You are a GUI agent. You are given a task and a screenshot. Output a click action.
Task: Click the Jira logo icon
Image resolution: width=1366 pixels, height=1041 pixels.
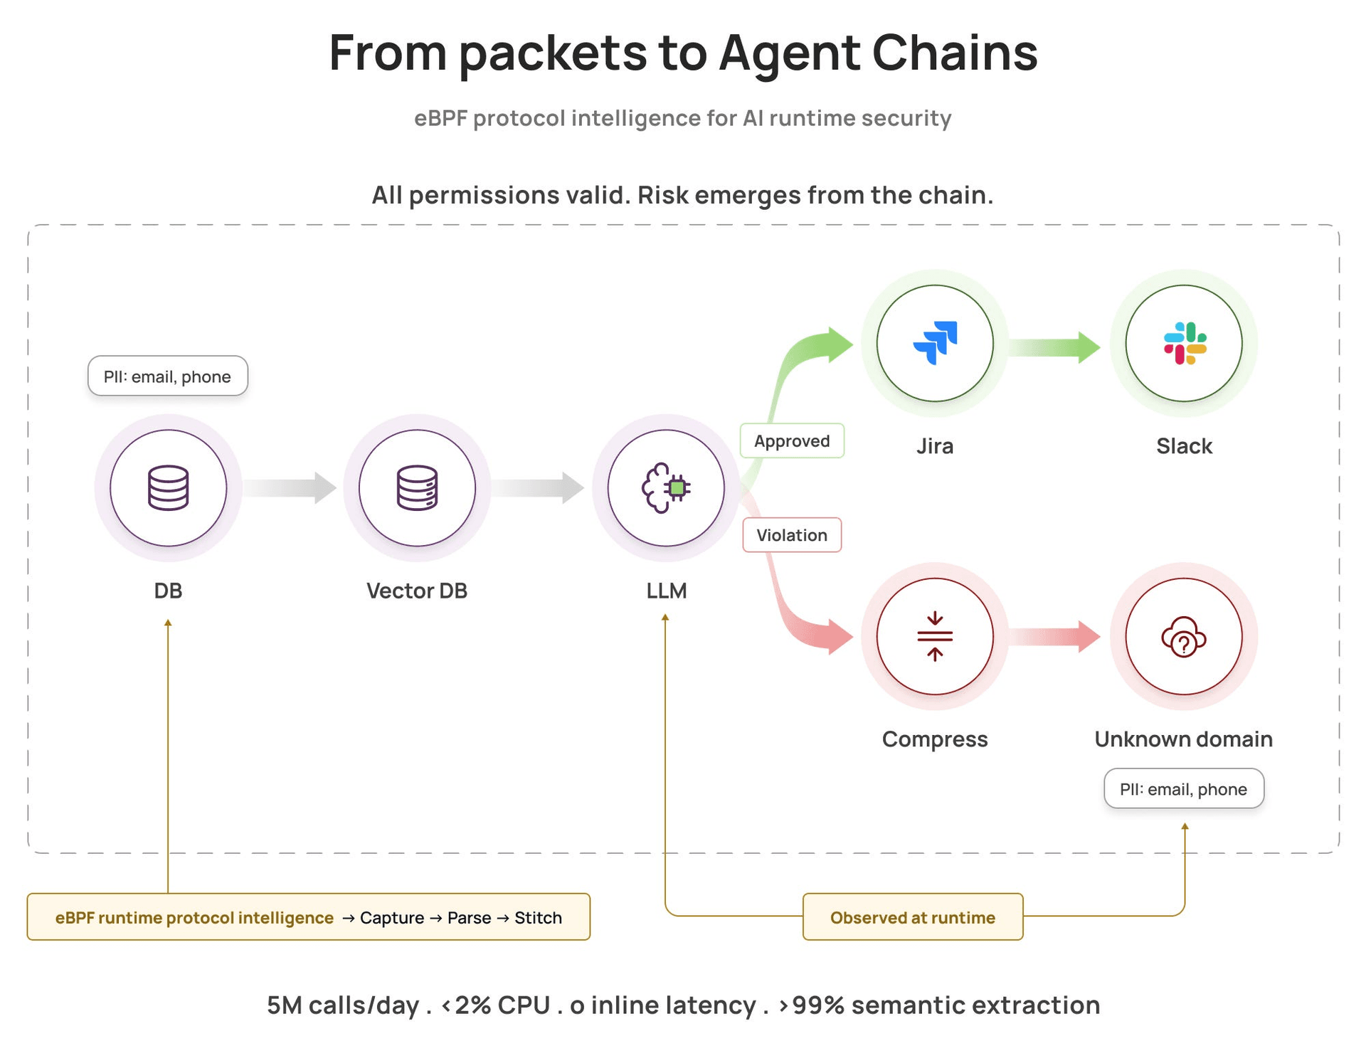pos(935,343)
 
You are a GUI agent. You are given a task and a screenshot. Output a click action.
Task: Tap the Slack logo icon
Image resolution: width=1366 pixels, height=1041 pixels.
pos(1185,343)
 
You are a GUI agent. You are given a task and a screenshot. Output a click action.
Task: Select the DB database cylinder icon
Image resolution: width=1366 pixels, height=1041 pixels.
pos(168,488)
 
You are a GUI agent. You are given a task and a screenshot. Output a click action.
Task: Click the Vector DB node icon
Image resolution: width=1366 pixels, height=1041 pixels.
pos(417,488)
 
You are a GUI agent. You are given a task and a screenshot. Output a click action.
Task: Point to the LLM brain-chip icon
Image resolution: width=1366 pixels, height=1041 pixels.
pos(666,488)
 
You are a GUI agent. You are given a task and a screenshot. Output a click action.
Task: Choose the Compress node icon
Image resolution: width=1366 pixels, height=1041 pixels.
pos(935,636)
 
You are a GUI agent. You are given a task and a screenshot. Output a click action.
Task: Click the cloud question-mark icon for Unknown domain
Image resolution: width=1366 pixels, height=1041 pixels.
pos(1184,637)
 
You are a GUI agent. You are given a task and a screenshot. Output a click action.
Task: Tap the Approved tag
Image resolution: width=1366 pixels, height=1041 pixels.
pos(792,440)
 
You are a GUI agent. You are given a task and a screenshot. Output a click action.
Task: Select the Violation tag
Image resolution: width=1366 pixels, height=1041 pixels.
pos(792,535)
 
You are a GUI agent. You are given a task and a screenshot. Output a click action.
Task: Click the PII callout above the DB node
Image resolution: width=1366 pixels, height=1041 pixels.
pos(168,376)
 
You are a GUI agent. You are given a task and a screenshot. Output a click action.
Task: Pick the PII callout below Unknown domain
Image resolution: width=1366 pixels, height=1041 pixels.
pos(1184,788)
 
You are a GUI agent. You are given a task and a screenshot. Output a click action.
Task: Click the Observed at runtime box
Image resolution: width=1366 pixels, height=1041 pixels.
pos(913,917)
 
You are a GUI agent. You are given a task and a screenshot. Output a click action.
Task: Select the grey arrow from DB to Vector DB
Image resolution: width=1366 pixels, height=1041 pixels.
pos(290,488)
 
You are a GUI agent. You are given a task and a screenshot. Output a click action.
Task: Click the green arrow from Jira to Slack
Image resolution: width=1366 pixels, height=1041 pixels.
pos(1054,347)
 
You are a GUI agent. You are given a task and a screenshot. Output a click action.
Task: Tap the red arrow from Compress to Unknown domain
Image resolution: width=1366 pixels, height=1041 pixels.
pos(1054,636)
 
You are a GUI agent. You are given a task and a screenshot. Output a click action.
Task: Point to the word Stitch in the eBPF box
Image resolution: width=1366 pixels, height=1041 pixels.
pos(538,918)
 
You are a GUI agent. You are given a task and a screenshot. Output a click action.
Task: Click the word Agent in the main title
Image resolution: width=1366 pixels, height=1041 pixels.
pos(789,54)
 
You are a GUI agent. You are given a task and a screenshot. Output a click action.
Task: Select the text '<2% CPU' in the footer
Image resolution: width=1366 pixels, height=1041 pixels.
pos(496,1005)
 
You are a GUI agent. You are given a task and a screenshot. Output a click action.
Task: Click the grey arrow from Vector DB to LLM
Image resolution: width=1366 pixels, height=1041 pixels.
pos(538,488)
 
